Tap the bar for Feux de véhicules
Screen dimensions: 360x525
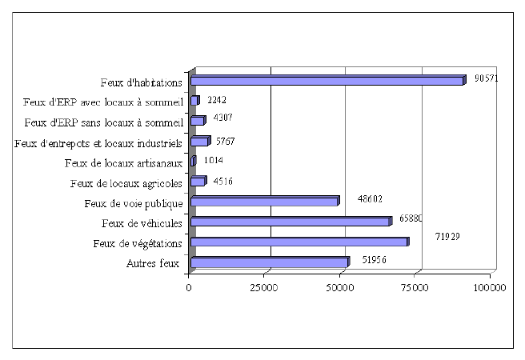click(290, 222)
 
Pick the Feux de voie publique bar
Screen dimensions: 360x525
click(264, 202)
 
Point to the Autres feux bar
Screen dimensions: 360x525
click(269, 262)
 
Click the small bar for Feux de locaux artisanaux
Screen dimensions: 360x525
click(193, 162)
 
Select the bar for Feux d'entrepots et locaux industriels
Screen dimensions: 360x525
click(199, 142)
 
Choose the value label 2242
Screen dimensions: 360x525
click(218, 99)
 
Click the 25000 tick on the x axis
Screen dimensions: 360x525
click(264, 287)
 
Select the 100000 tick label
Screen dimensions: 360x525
click(489, 287)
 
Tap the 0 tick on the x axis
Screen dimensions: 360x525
click(189, 287)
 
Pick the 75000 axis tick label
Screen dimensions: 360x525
click(414, 287)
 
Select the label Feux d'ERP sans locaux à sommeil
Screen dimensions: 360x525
click(104, 122)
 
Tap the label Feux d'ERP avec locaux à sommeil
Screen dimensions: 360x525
click(104, 102)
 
